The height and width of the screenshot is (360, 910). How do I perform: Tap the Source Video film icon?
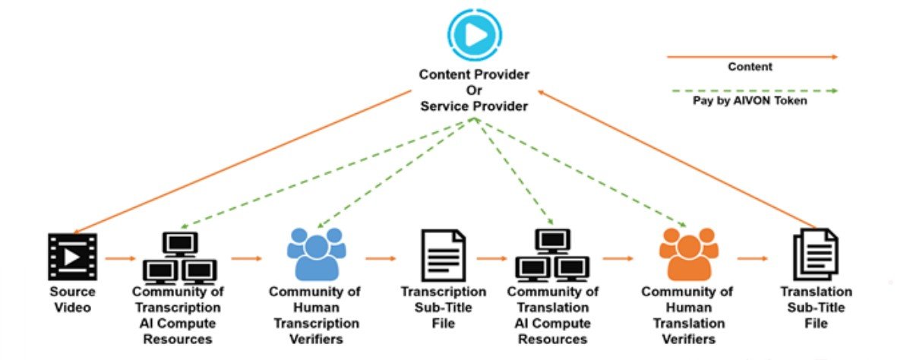[73, 257]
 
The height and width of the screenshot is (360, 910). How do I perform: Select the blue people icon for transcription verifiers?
[315, 253]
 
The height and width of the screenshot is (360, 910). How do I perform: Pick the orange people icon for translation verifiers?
[687, 253]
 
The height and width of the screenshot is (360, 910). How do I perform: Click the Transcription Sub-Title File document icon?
[443, 256]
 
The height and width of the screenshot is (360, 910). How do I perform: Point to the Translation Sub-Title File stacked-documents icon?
[815, 256]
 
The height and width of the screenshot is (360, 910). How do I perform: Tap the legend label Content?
[750, 67]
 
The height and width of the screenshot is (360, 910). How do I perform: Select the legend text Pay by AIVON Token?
[750, 101]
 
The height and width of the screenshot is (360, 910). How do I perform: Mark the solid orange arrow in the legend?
[751, 56]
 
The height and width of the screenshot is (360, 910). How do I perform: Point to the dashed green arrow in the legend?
[751, 90]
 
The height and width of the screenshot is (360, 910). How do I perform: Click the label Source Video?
[72, 299]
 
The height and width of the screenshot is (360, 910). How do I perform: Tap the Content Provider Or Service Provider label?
[474, 90]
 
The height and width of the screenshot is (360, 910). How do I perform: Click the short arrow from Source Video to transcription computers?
[119, 259]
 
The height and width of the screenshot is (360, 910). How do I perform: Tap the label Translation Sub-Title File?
[816, 308]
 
